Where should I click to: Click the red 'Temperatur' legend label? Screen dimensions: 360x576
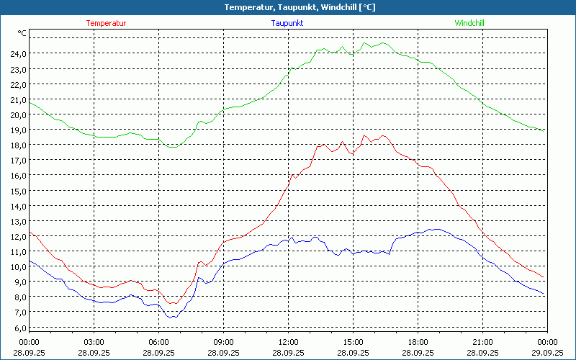click(x=106, y=23)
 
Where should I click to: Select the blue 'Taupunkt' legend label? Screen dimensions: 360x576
click(x=287, y=23)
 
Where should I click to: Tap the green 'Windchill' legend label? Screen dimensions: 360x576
click(x=469, y=23)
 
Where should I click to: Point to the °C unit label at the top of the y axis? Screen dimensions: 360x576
click(x=22, y=33)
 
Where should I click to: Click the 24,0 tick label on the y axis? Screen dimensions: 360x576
click(x=18, y=53)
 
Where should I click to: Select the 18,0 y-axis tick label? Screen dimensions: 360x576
click(x=18, y=145)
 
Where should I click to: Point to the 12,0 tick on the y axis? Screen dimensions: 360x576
click(x=18, y=236)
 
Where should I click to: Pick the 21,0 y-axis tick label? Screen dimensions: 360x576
click(x=18, y=99)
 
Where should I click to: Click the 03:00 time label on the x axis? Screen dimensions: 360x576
click(x=94, y=342)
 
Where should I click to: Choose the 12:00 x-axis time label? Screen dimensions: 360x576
click(x=289, y=342)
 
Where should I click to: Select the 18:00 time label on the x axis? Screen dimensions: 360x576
click(x=418, y=342)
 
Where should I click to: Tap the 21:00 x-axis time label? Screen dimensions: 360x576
click(x=483, y=342)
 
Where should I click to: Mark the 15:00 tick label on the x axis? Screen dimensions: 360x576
click(x=354, y=342)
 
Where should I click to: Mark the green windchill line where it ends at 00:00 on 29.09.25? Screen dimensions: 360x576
click(x=544, y=131)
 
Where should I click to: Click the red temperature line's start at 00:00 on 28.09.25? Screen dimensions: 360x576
click(x=30, y=233)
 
